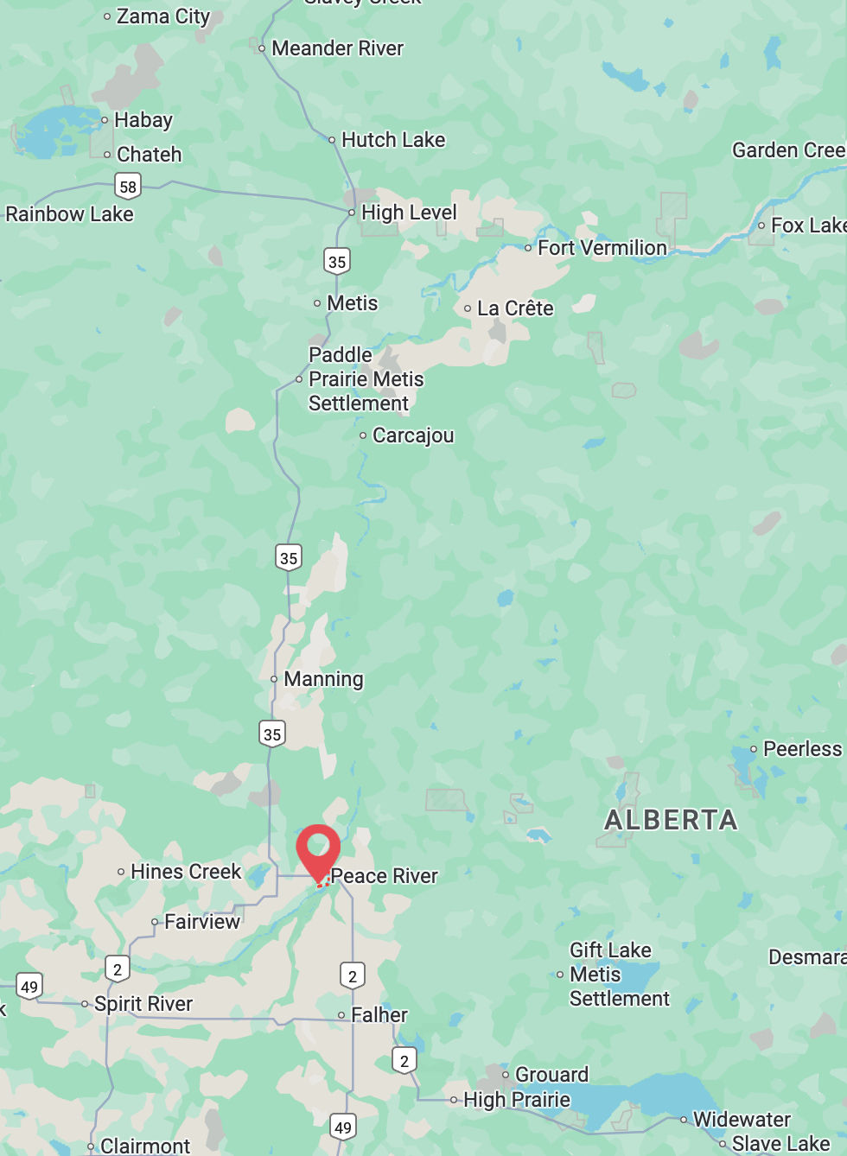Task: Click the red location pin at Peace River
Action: pyautogui.click(x=318, y=850)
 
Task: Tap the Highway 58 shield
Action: pyautogui.click(x=128, y=186)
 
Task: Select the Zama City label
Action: pyautogui.click(x=162, y=16)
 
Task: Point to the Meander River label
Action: pyautogui.click(x=337, y=48)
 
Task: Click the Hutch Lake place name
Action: pyautogui.click(x=393, y=140)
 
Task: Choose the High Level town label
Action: pyautogui.click(x=408, y=213)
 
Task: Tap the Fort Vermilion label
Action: pyautogui.click(x=602, y=248)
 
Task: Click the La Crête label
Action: pyautogui.click(x=515, y=308)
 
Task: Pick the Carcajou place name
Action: pyautogui.click(x=412, y=435)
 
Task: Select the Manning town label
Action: pyautogui.click(x=323, y=679)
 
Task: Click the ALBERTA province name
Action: pyautogui.click(x=671, y=820)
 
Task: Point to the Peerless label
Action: pyautogui.click(x=802, y=749)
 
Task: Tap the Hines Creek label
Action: pyautogui.click(x=186, y=872)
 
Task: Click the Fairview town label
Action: pyautogui.click(x=202, y=922)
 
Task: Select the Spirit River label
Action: pyautogui.click(x=143, y=1004)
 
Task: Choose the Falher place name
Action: pyautogui.click(x=379, y=1015)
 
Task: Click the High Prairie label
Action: pyautogui.click(x=517, y=1100)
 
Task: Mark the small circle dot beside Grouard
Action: pyautogui.click(x=506, y=1075)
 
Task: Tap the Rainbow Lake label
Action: pyautogui.click(x=69, y=214)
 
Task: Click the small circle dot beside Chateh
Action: pyautogui.click(x=107, y=156)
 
